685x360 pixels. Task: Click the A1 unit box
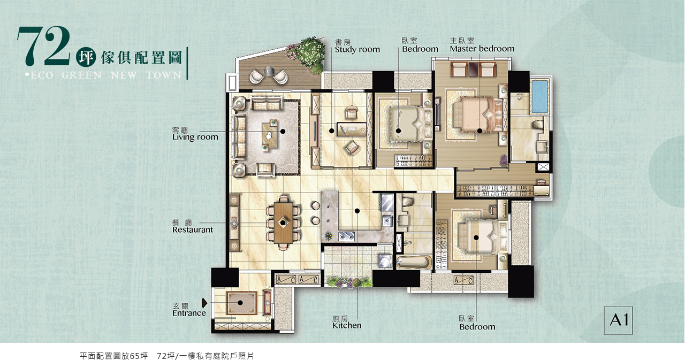point(618,320)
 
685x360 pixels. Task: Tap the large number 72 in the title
point(44,46)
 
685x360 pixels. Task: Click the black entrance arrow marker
point(204,303)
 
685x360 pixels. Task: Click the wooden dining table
point(283,223)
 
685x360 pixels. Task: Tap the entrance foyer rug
point(241,303)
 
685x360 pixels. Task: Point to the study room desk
point(352,129)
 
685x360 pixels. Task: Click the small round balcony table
point(269,71)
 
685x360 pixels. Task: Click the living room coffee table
point(269,135)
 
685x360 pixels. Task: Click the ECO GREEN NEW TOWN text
point(104,75)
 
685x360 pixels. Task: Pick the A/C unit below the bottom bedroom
point(463,280)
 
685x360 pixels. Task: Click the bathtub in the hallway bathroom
point(414,262)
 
